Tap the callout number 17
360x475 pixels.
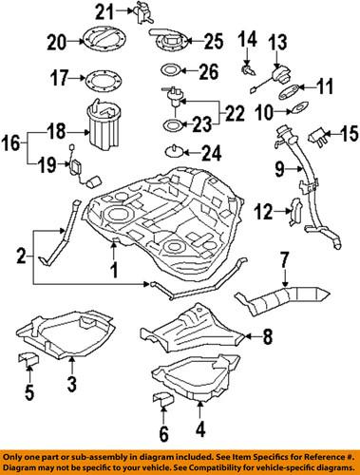(x=57, y=76)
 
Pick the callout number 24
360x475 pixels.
(x=211, y=150)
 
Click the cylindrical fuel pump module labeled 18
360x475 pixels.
(x=105, y=125)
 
